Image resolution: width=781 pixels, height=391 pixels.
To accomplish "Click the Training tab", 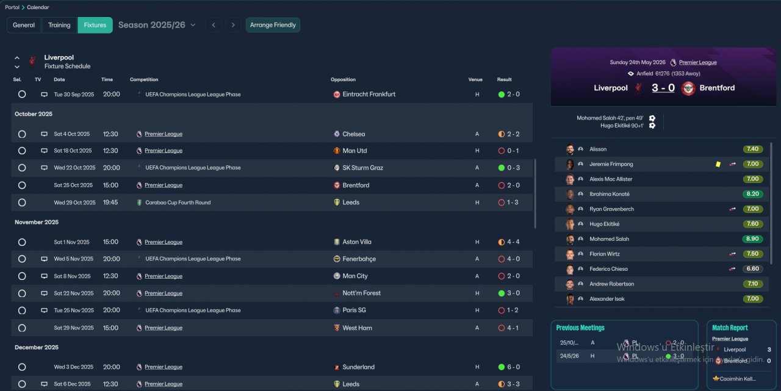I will click(x=59, y=25).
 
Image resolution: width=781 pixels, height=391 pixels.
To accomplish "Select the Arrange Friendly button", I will click(x=273, y=25).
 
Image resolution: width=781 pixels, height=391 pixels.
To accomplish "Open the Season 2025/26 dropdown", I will click(x=157, y=25).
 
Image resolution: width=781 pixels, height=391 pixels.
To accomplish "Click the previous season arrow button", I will click(x=213, y=25).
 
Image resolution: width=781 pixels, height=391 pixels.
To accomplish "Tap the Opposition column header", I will click(x=343, y=79).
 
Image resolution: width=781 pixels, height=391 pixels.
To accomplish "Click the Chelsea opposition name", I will click(x=353, y=134).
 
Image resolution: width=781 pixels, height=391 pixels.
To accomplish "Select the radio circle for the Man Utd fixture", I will click(x=22, y=151).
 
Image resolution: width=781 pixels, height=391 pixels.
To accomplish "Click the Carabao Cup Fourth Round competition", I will click(x=178, y=203).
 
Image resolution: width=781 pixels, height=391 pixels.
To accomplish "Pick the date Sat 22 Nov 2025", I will click(x=74, y=293).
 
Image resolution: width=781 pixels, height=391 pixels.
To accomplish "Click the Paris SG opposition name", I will click(x=354, y=310).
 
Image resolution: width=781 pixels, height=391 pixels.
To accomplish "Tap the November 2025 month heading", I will click(x=37, y=223).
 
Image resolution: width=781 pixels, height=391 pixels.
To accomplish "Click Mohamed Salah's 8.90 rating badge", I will click(x=752, y=239).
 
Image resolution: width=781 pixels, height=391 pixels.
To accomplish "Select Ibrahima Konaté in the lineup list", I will click(x=609, y=194).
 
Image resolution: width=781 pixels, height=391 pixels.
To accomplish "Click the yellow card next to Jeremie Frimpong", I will click(x=719, y=164).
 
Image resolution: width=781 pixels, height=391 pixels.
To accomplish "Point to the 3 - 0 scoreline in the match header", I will click(x=663, y=88).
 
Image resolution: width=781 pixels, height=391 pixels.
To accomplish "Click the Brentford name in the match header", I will click(x=717, y=88).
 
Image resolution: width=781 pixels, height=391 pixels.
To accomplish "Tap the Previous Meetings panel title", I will click(x=580, y=328).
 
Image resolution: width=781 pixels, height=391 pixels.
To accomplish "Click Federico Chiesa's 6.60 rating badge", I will click(x=752, y=269).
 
